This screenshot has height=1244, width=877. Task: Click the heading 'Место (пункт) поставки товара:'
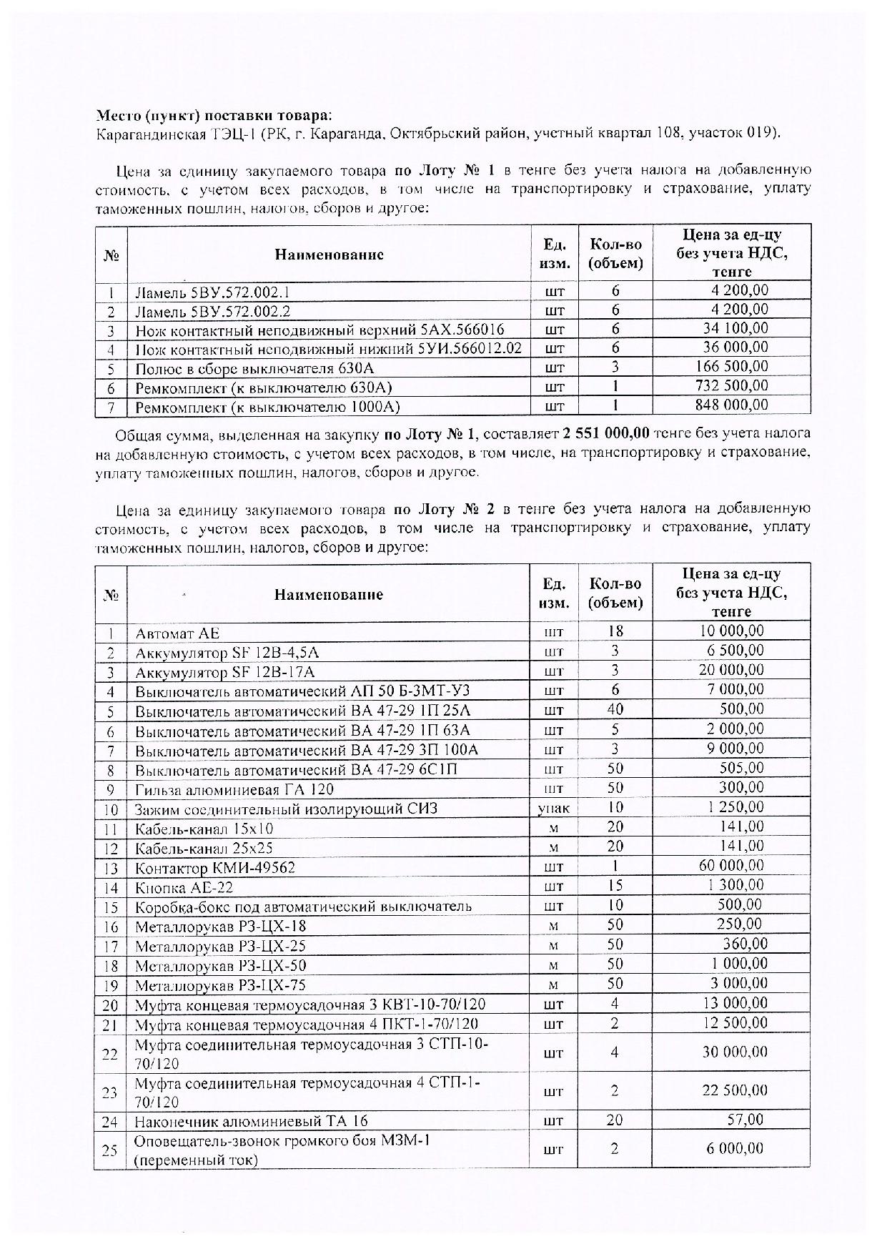coord(214,116)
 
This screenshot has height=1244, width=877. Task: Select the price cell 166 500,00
coord(732,367)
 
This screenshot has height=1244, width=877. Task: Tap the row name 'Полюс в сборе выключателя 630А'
coord(254,369)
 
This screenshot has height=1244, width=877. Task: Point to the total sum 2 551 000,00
coord(606,434)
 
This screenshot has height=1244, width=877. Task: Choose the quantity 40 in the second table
coord(615,709)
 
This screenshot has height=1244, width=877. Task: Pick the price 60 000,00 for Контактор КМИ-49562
coord(731,866)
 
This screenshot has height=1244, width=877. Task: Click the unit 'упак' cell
coord(554,809)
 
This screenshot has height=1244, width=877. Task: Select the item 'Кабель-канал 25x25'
coord(204,849)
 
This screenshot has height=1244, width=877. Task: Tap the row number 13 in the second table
coord(111,868)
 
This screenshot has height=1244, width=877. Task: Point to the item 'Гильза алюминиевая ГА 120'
coord(234,790)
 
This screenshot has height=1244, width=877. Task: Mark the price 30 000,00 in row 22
coord(735,1052)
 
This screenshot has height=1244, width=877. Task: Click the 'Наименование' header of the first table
coord(330,255)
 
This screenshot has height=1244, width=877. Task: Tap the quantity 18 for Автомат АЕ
coord(615,631)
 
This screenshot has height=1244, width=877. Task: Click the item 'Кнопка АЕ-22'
coord(184,888)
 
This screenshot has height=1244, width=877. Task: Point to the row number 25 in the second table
coord(111,1150)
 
